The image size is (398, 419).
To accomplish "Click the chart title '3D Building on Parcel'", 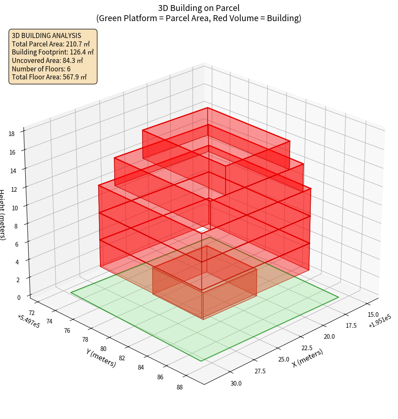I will (x=199, y=8).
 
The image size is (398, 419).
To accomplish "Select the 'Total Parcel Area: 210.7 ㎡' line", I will (x=51, y=44).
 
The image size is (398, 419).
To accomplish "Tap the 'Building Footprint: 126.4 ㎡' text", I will (x=53, y=52).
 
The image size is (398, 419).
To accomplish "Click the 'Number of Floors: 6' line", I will (x=41, y=69).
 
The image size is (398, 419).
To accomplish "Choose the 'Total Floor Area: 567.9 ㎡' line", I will (x=49, y=77).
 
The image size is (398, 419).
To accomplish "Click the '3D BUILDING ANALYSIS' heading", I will (x=46, y=36).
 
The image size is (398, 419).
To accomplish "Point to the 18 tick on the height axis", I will (x=11, y=134).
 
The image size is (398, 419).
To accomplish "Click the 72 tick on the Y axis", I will (x=31, y=312).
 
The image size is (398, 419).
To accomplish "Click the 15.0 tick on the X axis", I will (x=373, y=315).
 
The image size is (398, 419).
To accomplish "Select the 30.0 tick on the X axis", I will (x=236, y=384).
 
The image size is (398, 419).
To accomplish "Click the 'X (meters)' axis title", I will (x=308, y=358).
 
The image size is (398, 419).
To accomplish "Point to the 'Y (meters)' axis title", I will (x=101, y=357).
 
